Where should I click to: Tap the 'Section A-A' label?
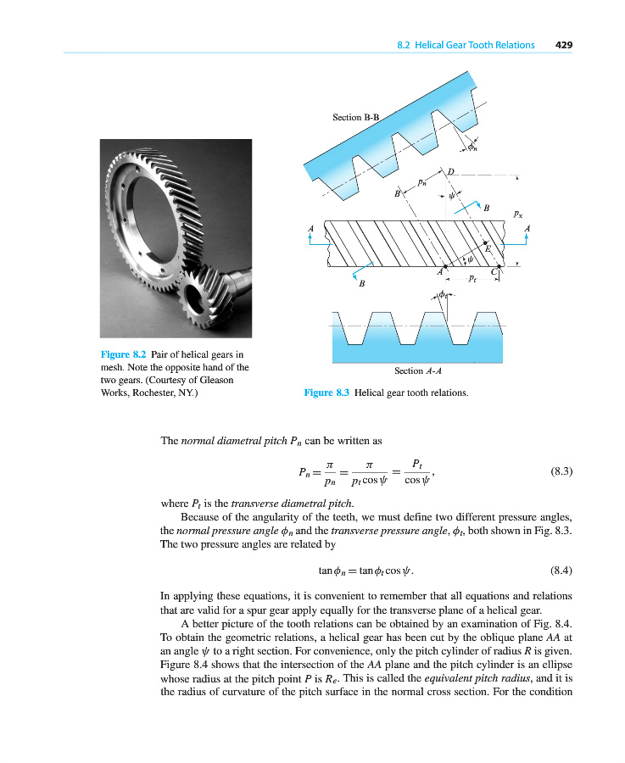(x=419, y=370)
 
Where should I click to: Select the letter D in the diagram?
(x=450, y=173)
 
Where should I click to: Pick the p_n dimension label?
(x=422, y=181)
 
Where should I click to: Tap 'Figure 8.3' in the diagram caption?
(x=326, y=393)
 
